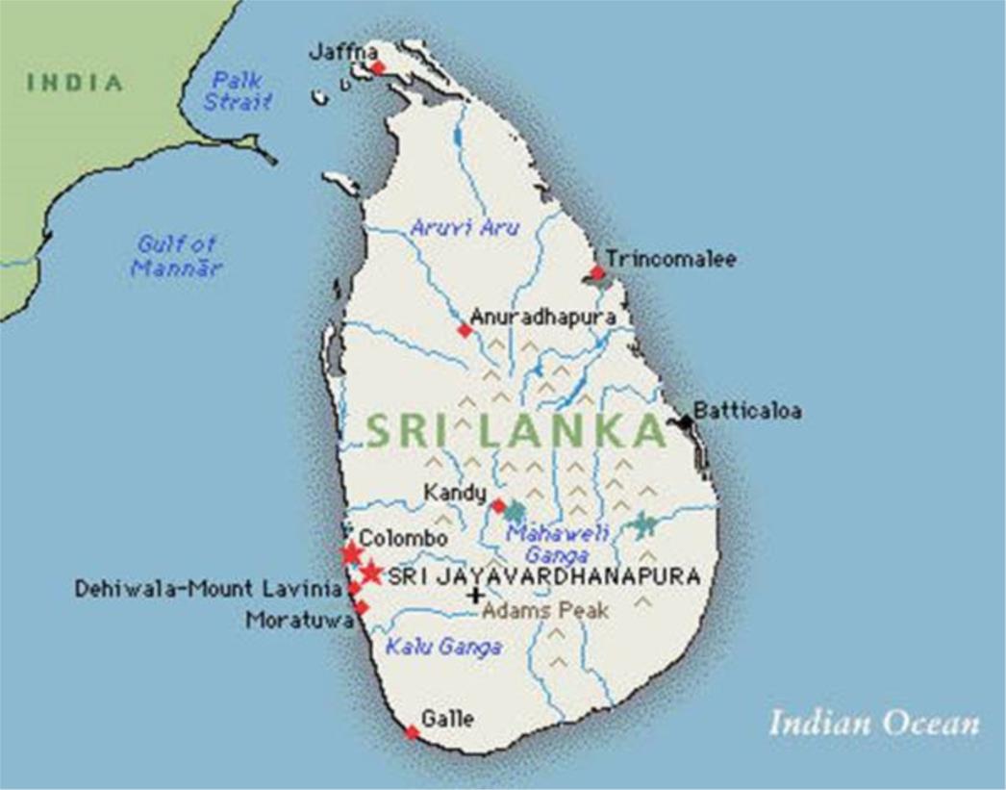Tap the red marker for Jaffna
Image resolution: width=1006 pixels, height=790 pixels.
(x=378, y=67)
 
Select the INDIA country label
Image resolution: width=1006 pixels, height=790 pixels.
(x=75, y=83)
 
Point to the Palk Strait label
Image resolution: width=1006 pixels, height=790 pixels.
(x=238, y=90)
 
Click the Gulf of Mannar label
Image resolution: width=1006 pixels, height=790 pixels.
(x=176, y=256)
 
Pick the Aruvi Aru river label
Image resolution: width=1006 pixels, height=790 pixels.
(x=465, y=228)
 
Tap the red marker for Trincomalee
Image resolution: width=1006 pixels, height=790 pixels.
(x=597, y=272)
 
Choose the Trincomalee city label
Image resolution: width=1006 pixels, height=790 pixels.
(x=671, y=259)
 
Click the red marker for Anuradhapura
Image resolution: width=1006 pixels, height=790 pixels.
(x=465, y=330)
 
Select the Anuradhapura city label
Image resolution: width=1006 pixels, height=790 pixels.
(x=542, y=317)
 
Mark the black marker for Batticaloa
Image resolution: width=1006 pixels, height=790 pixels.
(x=685, y=421)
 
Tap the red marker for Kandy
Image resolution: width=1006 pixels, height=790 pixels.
(x=498, y=505)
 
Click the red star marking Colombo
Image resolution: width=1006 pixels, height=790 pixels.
(x=351, y=553)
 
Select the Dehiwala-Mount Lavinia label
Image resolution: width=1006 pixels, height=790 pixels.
(x=208, y=588)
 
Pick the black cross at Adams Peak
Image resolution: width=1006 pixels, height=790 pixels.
(x=474, y=596)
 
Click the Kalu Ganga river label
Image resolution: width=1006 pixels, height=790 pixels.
(x=443, y=647)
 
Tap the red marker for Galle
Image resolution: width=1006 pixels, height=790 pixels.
(x=412, y=732)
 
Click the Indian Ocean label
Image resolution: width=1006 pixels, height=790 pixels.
(x=873, y=723)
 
